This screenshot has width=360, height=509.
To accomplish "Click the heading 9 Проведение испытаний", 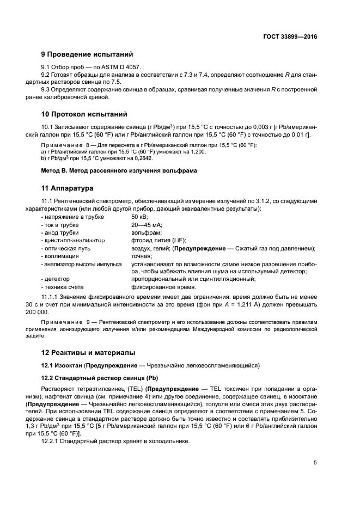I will [x=87, y=54].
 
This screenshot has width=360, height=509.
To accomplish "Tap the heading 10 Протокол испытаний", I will [x=84, y=114].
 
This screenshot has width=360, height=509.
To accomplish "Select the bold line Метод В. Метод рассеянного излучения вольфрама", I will [x=119, y=171].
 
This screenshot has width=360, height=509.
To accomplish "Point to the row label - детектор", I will [x=55, y=279].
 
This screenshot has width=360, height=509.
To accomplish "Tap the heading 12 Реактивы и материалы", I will [x=89, y=353].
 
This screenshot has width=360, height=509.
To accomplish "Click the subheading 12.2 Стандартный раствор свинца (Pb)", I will [x=100, y=378].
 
